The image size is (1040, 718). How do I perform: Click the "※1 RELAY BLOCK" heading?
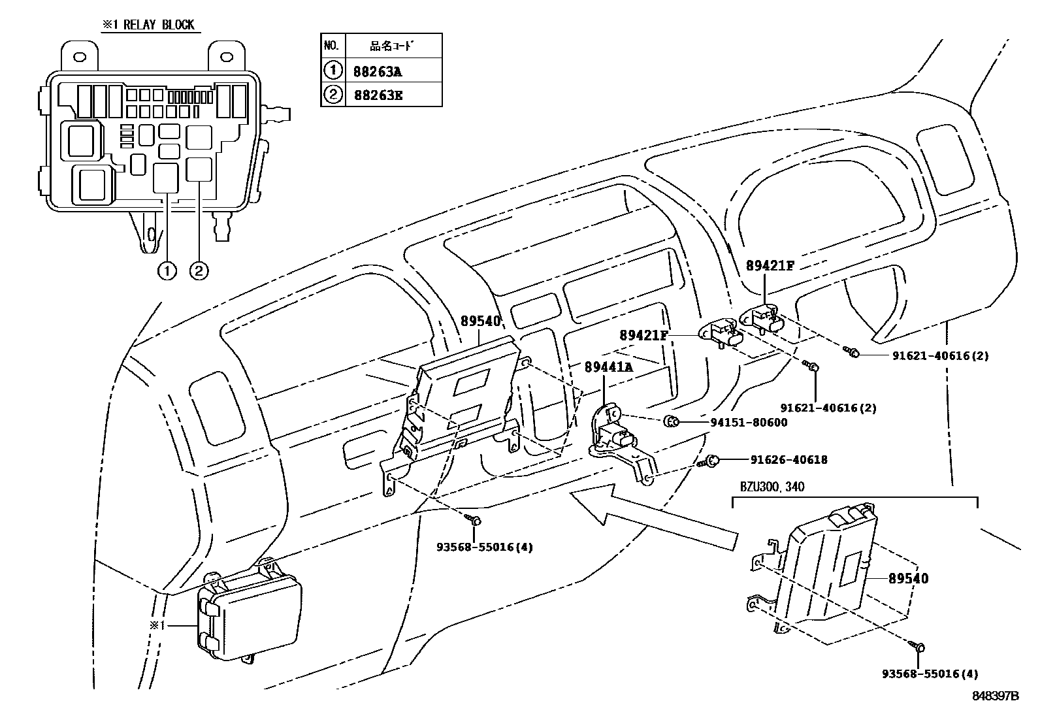[148, 25]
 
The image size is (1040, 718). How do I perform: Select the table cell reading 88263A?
[378, 71]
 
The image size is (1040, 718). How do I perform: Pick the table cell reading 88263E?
[378, 95]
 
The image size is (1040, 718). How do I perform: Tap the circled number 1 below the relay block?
[167, 270]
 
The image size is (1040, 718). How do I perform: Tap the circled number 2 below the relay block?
[199, 270]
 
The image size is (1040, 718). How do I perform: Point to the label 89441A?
[608, 367]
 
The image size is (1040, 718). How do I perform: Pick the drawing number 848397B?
[994, 696]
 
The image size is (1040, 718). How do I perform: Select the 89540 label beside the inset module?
[909, 578]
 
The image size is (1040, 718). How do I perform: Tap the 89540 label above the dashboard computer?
[480, 321]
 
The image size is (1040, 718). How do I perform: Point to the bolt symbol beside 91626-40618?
[711, 461]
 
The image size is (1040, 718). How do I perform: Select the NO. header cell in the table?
[331, 46]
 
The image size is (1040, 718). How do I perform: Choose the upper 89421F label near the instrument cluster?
[770, 265]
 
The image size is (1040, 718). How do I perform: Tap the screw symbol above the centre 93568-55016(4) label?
[474, 521]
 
